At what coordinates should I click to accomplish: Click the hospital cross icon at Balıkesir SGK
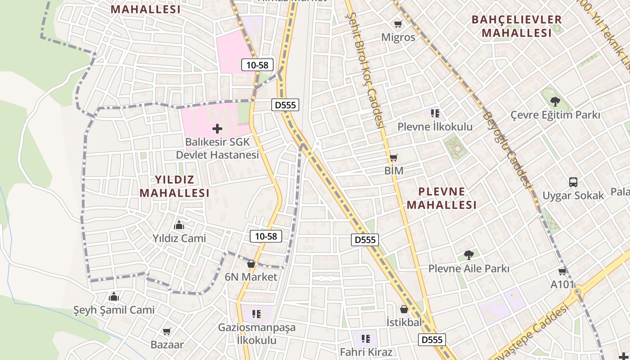[x=217, y=129]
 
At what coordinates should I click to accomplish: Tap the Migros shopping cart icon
[x=398, y=24]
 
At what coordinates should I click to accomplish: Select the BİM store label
[x=394, y=171]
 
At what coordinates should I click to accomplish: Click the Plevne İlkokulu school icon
[x=435, y=113]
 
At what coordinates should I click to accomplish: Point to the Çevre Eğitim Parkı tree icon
[x=555, y=102]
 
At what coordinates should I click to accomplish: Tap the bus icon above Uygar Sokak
[x=573, y=182]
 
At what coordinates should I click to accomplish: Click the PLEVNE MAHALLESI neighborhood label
[x=441, y=198]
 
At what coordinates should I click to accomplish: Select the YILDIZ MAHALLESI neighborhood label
[x=175, y=186]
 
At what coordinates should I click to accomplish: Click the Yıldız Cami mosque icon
[x=179, y=225]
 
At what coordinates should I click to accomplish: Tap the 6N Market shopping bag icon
[x=251, y=264]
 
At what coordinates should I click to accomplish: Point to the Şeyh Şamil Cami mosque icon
[x=114, y=297]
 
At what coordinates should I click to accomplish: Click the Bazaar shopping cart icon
[x=167, y=332]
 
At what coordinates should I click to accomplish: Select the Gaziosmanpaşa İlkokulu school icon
[x=256, y=314]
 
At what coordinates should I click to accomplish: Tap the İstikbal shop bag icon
[x=404, y=309]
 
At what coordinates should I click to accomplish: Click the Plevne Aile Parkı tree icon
[x=468, y=255]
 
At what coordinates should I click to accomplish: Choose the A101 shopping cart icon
[x=562, y=271]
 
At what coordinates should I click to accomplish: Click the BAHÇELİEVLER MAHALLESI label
[x=516, y=26]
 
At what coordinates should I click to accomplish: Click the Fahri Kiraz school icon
[x=365, y=338]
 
